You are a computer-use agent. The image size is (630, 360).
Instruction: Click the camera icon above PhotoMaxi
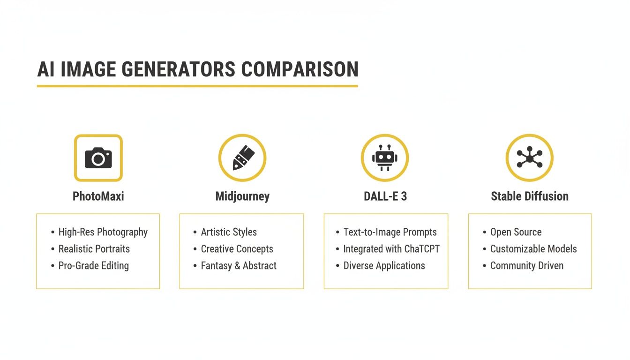(x=98, y=158)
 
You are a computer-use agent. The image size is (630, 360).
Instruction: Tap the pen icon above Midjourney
(x=242, y=158)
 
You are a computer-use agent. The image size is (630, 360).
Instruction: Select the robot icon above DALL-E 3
(x=385, y=158)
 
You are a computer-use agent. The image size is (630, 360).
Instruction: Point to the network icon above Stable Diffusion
(x=529, y=158)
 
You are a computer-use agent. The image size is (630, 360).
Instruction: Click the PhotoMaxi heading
(x=98, y=196)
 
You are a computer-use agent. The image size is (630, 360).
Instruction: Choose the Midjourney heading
(x=242, y=196)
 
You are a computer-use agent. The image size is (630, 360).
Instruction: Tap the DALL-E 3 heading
(x=385, y=196)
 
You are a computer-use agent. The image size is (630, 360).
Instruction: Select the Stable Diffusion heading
(x=530, y=196)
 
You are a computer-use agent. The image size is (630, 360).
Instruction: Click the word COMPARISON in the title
(x=300, y=69)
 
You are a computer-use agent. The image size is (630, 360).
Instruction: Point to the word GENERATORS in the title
(x=178, y=69)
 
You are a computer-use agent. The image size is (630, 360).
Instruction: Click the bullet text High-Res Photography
(x=103, y=232)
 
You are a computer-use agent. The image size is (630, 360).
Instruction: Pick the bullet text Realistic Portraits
(x=94, y=249)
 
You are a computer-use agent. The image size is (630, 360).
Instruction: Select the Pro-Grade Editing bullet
(x=93, y=266)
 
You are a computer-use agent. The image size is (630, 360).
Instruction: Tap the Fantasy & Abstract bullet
(x=239, y=266)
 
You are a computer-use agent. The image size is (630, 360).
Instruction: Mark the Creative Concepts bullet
(x=237, y=249)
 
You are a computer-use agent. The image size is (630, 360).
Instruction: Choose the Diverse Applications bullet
(x=384, y=266)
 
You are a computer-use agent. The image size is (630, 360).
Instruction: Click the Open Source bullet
(x=516, y=232)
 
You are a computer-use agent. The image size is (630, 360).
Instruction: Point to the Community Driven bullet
(x=526, y=266)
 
